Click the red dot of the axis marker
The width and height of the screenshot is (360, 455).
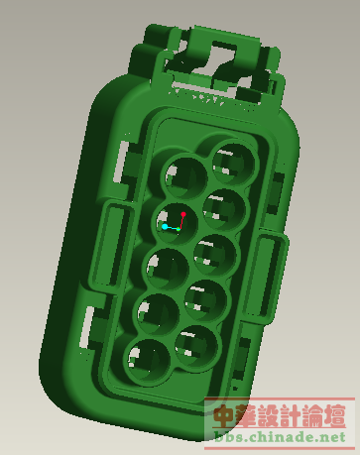(x=183, y=214)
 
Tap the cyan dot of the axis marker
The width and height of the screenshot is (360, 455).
(x=165, y=227)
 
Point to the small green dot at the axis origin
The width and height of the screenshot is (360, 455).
(x=179, y=229)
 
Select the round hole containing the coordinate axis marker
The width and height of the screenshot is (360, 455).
(x=176, y=223)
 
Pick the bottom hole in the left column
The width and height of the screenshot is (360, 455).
(x=148, y=361)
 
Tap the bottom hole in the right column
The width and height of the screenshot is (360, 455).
(x=196, y=347)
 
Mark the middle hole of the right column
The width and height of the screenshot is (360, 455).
(x=215, y=256)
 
